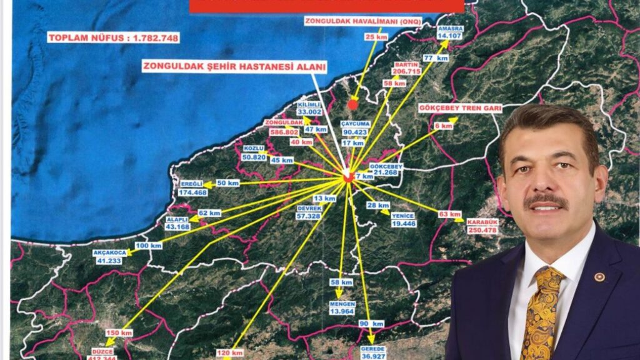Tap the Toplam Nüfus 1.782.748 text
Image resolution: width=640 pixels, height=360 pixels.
pyautogui.click(x=114, y=38)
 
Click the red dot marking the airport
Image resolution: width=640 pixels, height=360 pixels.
pyautogui.click(x=353, y=105)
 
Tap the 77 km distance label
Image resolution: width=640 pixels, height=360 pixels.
pyautogui.click(x=436, y=58)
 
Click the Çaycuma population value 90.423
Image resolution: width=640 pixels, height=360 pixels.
pyautogui.click(x=356, y=132)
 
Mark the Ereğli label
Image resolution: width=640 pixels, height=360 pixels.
pyautogui.click(x=192, y=184)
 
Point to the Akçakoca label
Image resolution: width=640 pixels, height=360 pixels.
pyautogui.click(x=109, y=252)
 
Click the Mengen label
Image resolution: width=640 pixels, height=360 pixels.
pyautogui.click(x=342, y=304)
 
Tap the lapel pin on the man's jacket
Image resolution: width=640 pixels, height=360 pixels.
pyautogui.click(x=599, y=277)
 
